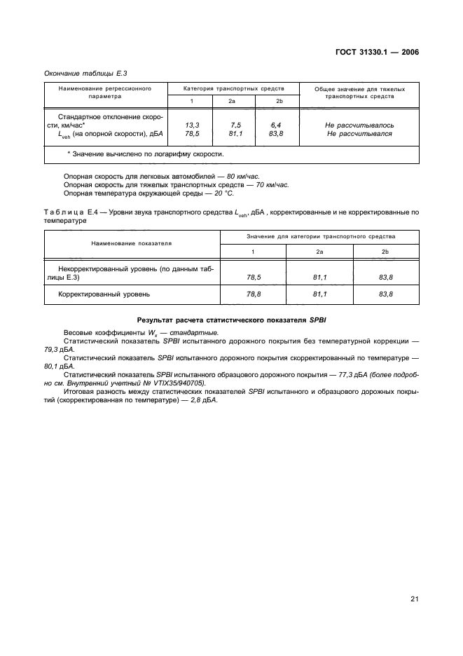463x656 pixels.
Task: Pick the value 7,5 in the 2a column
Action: pos(235,124)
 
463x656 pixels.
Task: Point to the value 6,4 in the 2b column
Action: pos(277,124)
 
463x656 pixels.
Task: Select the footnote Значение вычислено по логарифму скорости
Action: pos(148,153)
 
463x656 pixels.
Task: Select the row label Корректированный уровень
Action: pos(104,295)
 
